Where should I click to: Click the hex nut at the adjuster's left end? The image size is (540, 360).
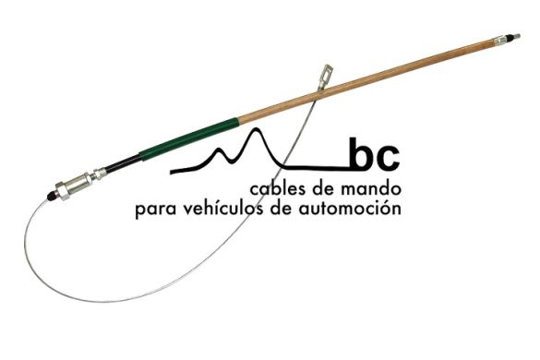pos(63,191)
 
